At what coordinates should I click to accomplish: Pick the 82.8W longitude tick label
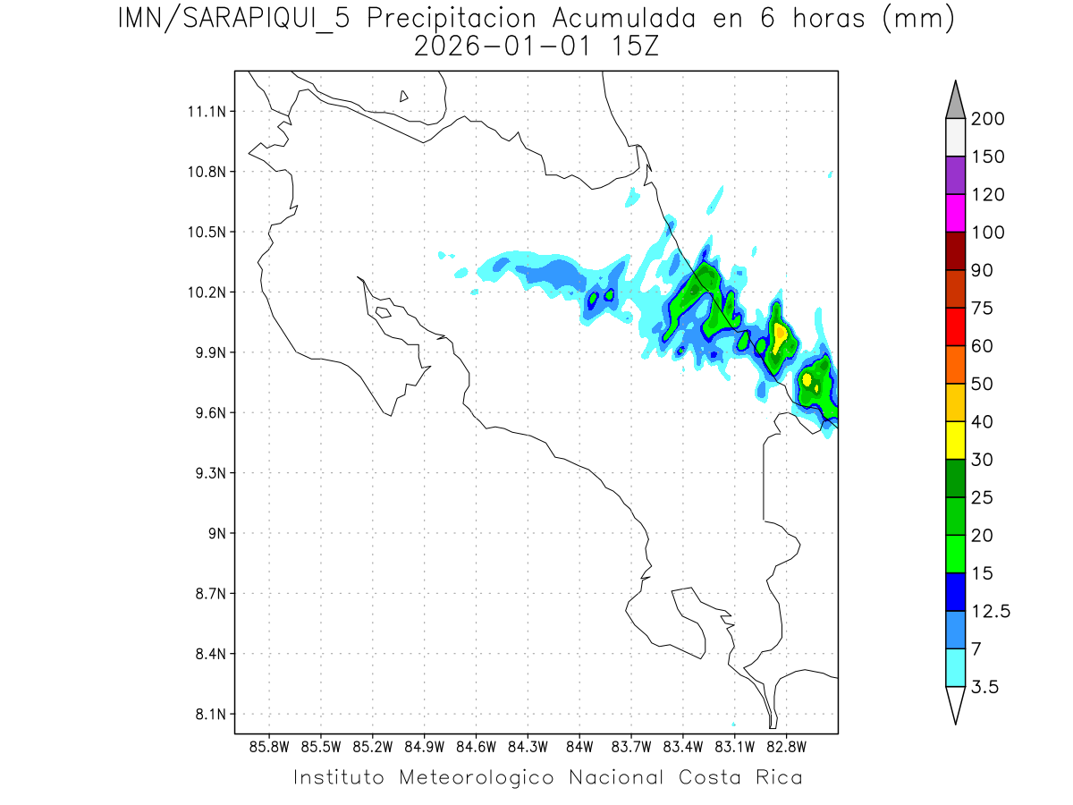tap(786, 745)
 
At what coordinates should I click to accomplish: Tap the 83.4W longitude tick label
tap(683, 745)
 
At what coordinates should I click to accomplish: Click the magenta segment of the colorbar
tap(955, 213)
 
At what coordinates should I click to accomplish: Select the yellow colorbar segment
tap(955, 440)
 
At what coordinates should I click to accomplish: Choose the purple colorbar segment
tap(955, 175)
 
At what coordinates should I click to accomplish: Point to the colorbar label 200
tap(987, 119)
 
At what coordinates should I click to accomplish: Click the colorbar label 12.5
tap(991, 612)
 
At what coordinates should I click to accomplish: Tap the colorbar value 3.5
tap(985, 687)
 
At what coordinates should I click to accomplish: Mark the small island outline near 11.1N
tap(404, 96)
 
